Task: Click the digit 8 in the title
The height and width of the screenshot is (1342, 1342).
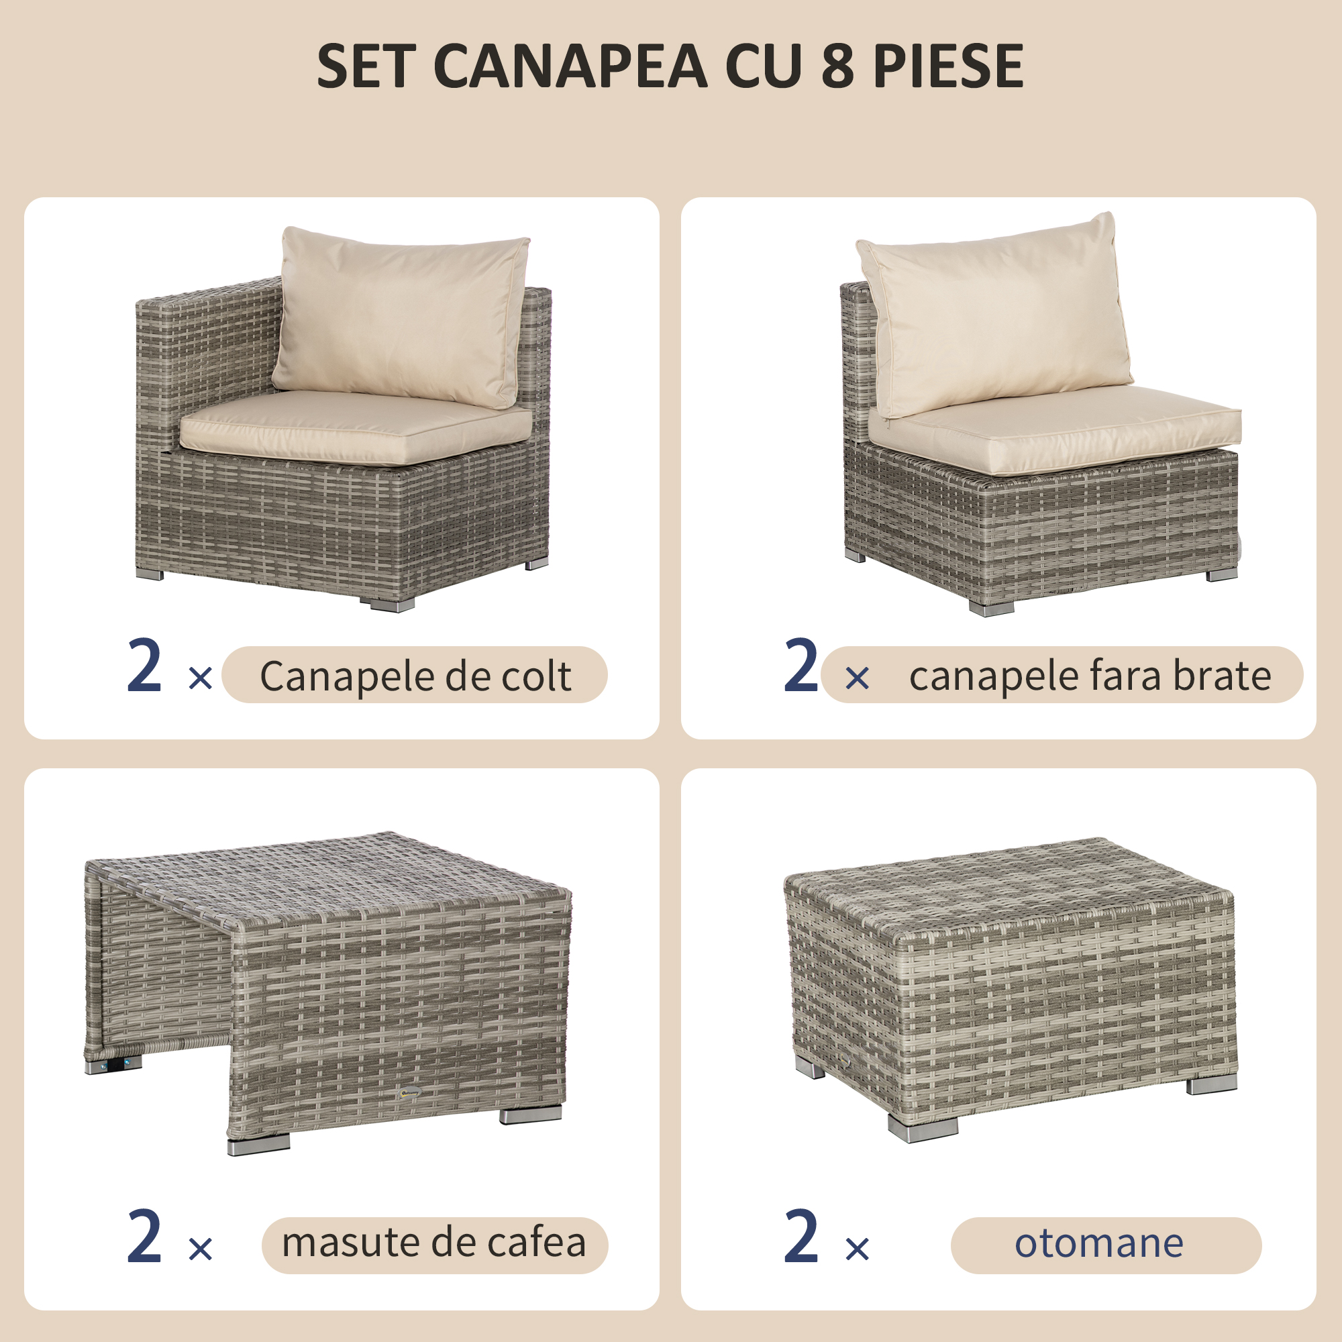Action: click(x=837, y=66)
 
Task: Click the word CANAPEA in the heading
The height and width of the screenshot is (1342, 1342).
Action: click(x=570, y=66)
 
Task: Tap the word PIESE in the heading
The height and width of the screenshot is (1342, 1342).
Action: click(x=948, y=66)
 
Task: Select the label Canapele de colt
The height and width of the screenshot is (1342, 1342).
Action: click(x=415, y=676)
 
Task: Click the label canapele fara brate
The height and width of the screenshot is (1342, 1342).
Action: click(x=1090, y=676)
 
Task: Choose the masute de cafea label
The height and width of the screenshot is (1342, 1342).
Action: click(x=434, y=1243)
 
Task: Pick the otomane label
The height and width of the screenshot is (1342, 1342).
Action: click(x=1099, y=1243)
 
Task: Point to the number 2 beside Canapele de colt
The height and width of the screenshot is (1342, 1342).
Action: click(x=144, y=667)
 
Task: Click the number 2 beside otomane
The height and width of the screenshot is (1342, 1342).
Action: click(x=801, y=1237)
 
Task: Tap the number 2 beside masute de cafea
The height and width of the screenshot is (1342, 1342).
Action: click(x=144, y=1237)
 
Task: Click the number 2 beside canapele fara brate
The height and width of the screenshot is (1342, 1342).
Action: click(x=801, y=667)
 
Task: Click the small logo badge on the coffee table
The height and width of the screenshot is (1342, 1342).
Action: click(x=411, y=1092)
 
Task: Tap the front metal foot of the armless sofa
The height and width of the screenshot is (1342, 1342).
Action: click(x=991, y=609)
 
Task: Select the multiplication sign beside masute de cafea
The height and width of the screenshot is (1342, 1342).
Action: click(x=201, y=1249)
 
